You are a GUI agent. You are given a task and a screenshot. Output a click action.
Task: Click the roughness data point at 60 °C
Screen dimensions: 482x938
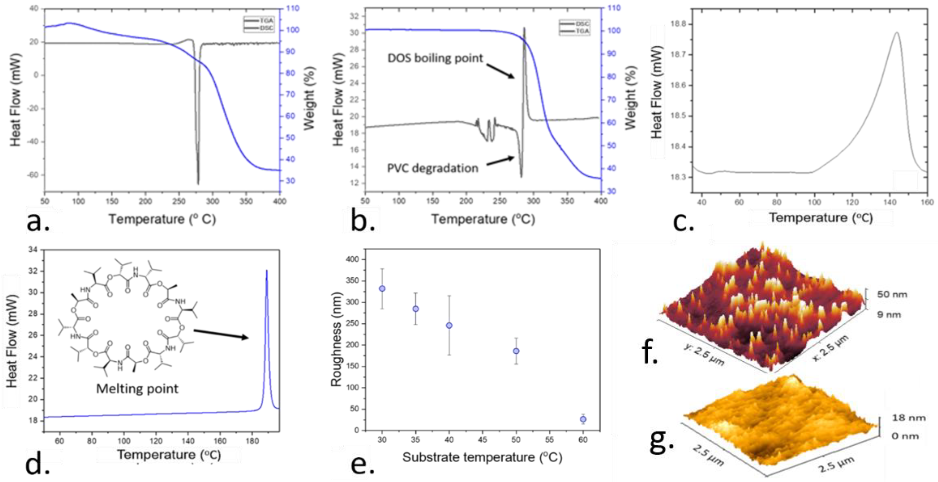pos(583,419)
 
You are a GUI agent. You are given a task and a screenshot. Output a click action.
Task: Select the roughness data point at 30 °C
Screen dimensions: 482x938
pos(382,289)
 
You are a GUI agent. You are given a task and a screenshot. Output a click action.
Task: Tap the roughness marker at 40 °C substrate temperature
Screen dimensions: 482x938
pos(449,325)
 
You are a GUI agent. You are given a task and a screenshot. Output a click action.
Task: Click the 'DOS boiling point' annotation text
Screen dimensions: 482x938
pos(435,58)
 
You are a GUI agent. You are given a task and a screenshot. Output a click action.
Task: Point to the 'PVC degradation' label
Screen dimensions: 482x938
pos(432,168)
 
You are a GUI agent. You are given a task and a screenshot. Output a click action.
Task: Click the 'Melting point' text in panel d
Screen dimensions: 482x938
pos(137,388)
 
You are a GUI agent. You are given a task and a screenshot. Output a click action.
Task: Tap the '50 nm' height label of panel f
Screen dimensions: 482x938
pos(892,294)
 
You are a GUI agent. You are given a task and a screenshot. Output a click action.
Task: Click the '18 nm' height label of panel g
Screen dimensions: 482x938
pos(908,418)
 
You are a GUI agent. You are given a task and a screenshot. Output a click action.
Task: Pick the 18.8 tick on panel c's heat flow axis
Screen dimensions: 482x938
pos(678,24)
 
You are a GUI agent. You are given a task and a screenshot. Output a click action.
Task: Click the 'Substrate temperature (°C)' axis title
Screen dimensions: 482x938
pos(482,457)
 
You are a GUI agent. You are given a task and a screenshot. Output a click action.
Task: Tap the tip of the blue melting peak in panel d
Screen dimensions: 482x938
pos(267,271)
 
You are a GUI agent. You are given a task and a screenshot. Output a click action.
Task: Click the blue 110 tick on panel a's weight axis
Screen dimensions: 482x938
pos(292,8)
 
